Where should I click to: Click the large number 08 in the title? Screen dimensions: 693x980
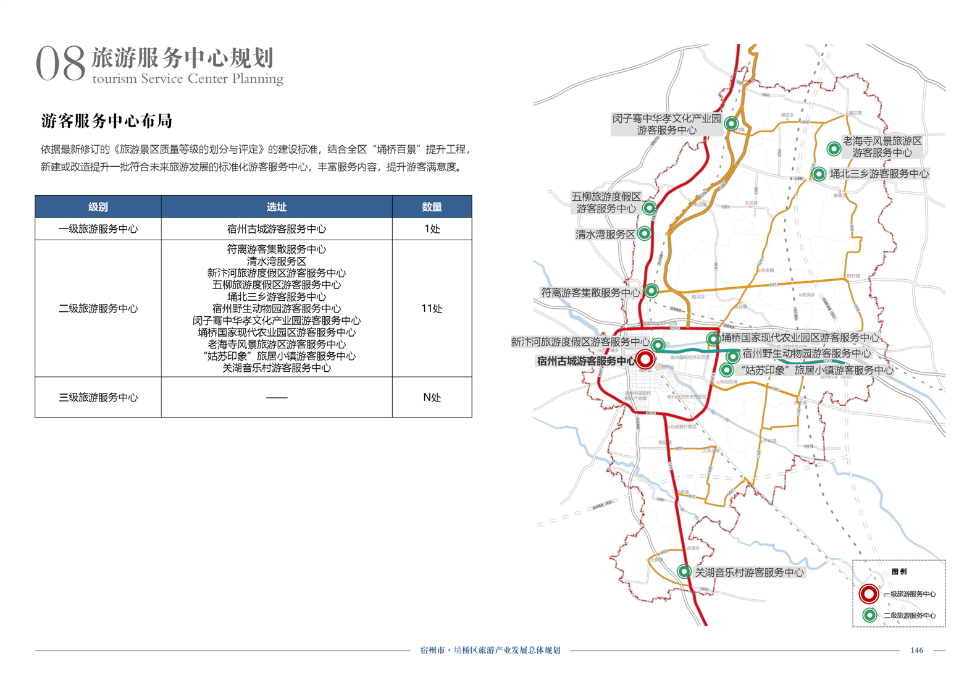60,63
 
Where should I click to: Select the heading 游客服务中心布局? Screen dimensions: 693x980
107,121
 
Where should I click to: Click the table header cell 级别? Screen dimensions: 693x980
98,207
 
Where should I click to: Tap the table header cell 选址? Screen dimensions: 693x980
276,207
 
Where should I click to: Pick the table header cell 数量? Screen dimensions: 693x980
432,207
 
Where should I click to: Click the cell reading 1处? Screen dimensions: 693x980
432,229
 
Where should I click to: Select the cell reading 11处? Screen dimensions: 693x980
432,309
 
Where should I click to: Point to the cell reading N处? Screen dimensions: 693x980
432,398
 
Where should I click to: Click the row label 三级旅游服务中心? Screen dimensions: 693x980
98,398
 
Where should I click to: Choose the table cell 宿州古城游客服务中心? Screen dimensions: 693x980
276,229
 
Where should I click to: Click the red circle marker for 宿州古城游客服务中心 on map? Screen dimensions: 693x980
645,359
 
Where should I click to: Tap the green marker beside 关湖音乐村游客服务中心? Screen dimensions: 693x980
684,571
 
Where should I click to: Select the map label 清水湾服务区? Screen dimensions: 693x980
605,235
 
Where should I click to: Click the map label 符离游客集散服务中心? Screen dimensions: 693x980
590,293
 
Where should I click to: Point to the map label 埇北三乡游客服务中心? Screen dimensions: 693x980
879,174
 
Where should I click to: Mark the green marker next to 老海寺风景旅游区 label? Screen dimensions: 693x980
834,148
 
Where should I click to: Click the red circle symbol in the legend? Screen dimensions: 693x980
869,594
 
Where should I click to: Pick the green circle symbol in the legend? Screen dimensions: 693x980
869,615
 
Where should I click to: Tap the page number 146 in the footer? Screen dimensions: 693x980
916,650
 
